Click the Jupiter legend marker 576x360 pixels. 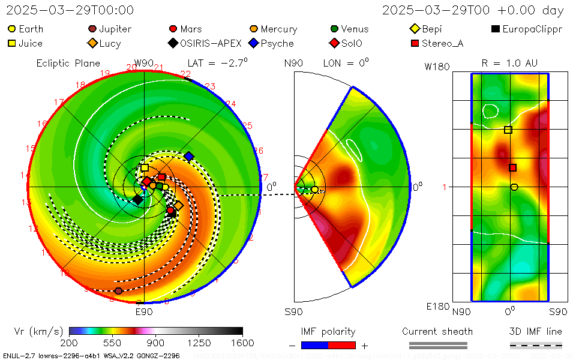(92, 29)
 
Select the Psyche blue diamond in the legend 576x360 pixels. (253, 43)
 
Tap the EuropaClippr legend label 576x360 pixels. (532, 29)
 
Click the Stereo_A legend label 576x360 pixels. (442, 43)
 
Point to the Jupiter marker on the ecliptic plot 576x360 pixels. (118, 291)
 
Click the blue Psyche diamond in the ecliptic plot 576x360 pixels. (189, 156)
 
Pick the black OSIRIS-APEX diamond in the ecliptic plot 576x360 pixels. (137, 199)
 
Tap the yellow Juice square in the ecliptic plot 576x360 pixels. (145, 168)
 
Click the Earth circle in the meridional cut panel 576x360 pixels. (315, 190)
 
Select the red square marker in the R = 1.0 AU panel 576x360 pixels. (513, 167)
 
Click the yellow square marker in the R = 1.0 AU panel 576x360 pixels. (508, 130)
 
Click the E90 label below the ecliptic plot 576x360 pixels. (144, 312)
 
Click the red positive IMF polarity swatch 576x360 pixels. (342, 345)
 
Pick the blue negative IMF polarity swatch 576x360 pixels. (314, 345)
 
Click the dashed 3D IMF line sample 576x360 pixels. (536, 345)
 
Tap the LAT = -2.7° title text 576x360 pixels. (217, 62)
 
